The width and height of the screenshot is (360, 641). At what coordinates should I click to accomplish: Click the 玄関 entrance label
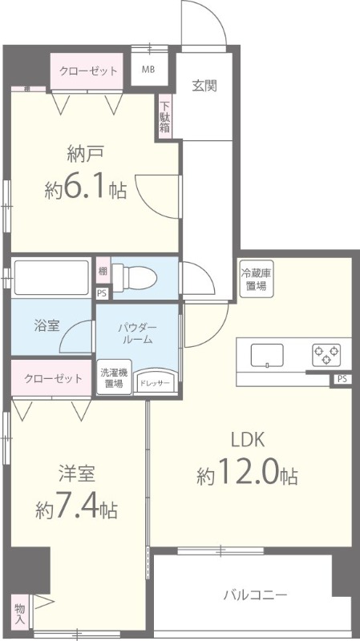coord(204,86)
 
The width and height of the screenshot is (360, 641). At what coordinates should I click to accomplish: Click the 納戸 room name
coord(83,155)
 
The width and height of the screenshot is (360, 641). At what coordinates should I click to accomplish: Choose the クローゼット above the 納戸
coord(88,71)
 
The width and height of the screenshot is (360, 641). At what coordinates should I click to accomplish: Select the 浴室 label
coord(46,327)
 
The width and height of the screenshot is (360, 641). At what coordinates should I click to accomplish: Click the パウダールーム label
coord(137,333)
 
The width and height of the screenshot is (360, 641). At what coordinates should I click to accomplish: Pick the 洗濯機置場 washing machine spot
coord(112,378)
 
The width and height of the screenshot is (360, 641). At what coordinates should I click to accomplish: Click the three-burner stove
coord(326,353)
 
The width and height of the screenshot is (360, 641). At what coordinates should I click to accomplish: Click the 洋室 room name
coord(77,473)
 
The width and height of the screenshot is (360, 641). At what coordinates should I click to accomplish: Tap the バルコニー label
coord(254,595)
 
